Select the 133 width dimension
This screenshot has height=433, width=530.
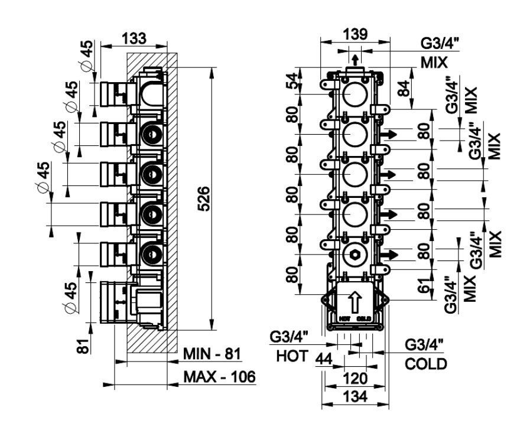tap(134, 39)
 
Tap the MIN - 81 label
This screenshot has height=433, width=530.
tap(211, 354)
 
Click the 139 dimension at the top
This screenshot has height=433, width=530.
tap(355, 35)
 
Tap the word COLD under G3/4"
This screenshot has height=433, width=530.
tap(426, 363)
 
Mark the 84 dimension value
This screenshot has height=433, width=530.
tap(404, 90)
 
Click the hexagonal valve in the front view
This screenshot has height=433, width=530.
tap(354, 256)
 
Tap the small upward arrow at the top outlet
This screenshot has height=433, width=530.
tap(355, 59)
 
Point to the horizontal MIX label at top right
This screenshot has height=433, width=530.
tap(434, 61)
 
